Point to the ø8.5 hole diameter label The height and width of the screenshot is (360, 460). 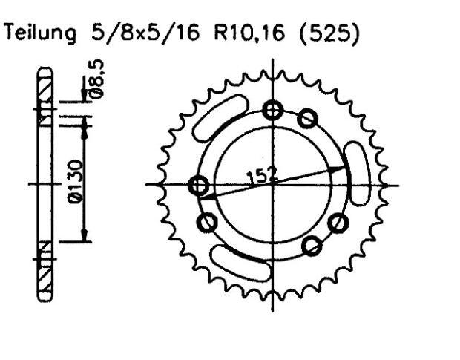[x=97, y=79]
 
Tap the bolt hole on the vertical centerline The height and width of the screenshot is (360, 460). [x=275, y=111]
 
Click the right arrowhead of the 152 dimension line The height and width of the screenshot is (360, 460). [x=342, y=170]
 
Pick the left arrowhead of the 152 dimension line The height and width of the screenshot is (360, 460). [x=208, y=196]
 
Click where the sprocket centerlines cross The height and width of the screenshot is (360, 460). [x=275, y=184]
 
